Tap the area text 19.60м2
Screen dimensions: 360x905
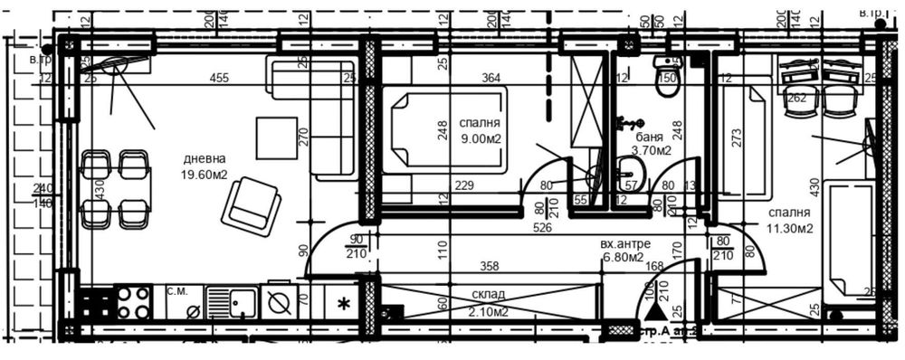point(204,176)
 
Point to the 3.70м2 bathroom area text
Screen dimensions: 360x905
point(652,151)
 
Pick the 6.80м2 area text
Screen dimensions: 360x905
point(623,260)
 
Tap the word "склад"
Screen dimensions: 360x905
point(488,295)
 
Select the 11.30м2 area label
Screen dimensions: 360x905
point(786,228)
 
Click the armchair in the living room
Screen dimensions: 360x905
point(251,205)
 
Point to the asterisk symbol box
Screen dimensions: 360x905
point(344,304)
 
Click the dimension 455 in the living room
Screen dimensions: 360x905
point(218,79)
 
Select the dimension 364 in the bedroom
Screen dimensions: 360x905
point(491,79)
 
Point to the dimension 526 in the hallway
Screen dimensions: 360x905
point(543,228)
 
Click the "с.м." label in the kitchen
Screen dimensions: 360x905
point(177,290)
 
